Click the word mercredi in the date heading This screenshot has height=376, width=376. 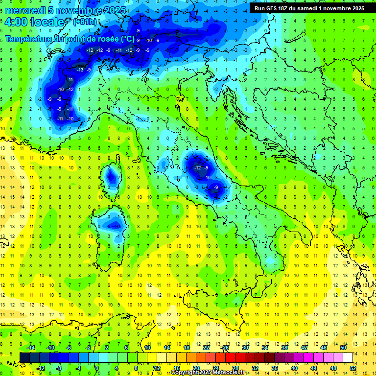24,10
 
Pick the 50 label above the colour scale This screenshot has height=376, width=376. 343,347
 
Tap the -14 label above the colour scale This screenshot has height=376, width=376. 30,347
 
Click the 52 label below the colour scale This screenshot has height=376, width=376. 353,368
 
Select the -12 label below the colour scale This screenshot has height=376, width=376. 40,368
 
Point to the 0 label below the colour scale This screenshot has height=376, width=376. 97,368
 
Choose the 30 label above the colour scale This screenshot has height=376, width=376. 245,347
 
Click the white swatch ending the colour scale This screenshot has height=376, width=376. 348,357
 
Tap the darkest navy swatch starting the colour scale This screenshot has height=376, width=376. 24,357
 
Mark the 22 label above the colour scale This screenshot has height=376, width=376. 206,347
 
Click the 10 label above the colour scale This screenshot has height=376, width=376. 147,347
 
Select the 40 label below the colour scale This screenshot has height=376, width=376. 294,368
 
